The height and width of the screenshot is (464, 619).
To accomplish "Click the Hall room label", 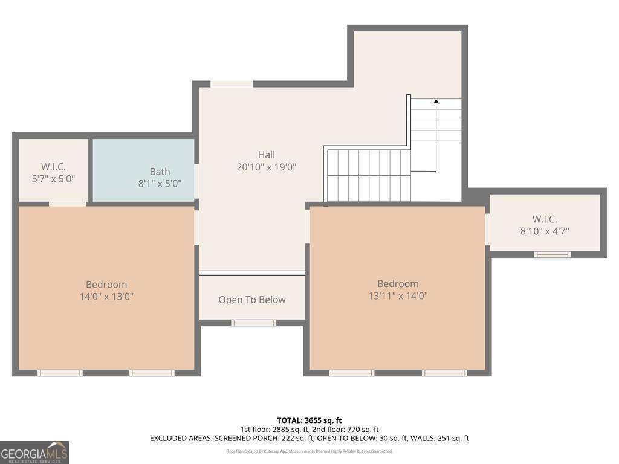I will pos(266,155).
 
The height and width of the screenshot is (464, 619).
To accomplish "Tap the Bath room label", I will pos(160,172).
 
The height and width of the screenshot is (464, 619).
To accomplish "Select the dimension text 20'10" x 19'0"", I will pos(266,167).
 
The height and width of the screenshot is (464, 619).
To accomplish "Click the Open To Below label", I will pos(251,300).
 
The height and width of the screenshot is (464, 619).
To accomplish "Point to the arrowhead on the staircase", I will pos(436,101).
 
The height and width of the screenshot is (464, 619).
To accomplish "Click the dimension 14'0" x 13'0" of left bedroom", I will pos(106,296).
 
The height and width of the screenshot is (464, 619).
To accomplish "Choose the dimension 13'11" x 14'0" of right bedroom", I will pos(398,295).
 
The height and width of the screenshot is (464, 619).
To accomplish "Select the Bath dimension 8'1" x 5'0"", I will pos(160,184).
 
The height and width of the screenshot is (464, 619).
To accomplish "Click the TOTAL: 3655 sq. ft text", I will pos(309,420).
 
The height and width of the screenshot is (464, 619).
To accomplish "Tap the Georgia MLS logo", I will pos(34,453).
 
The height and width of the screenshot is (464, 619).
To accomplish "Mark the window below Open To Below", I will pos(253,323).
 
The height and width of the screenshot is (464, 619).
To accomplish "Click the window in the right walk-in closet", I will pos(552,254).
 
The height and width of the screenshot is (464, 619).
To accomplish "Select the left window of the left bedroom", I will pos(60,373).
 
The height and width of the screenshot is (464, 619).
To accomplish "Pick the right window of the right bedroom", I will pos(444,373).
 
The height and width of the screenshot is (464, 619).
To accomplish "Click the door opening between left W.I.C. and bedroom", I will pos(67,204).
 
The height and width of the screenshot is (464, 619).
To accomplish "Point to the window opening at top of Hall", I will pos(232,84).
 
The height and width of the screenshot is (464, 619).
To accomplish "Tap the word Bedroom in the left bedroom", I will pos(106,285).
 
